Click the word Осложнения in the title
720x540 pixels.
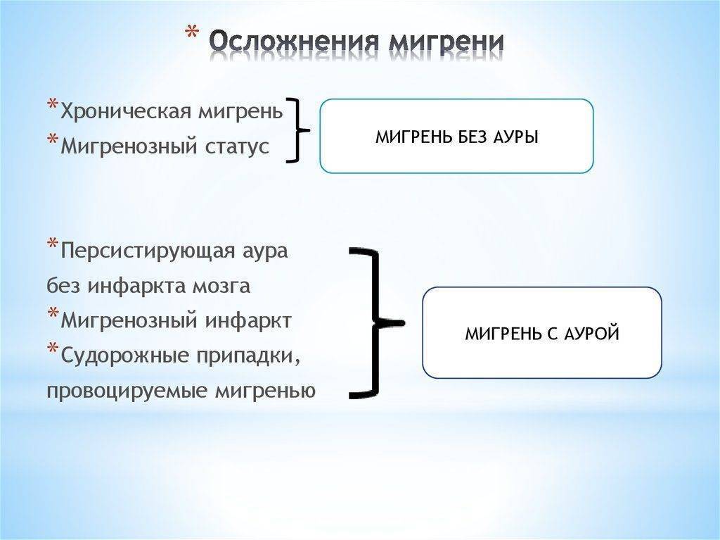tap(288, 43)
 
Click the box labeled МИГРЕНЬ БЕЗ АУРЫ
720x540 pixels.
tap(456, 136)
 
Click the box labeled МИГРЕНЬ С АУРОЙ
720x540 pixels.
tap(541, 333)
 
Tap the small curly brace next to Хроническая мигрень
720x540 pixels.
tap(298, 131)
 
